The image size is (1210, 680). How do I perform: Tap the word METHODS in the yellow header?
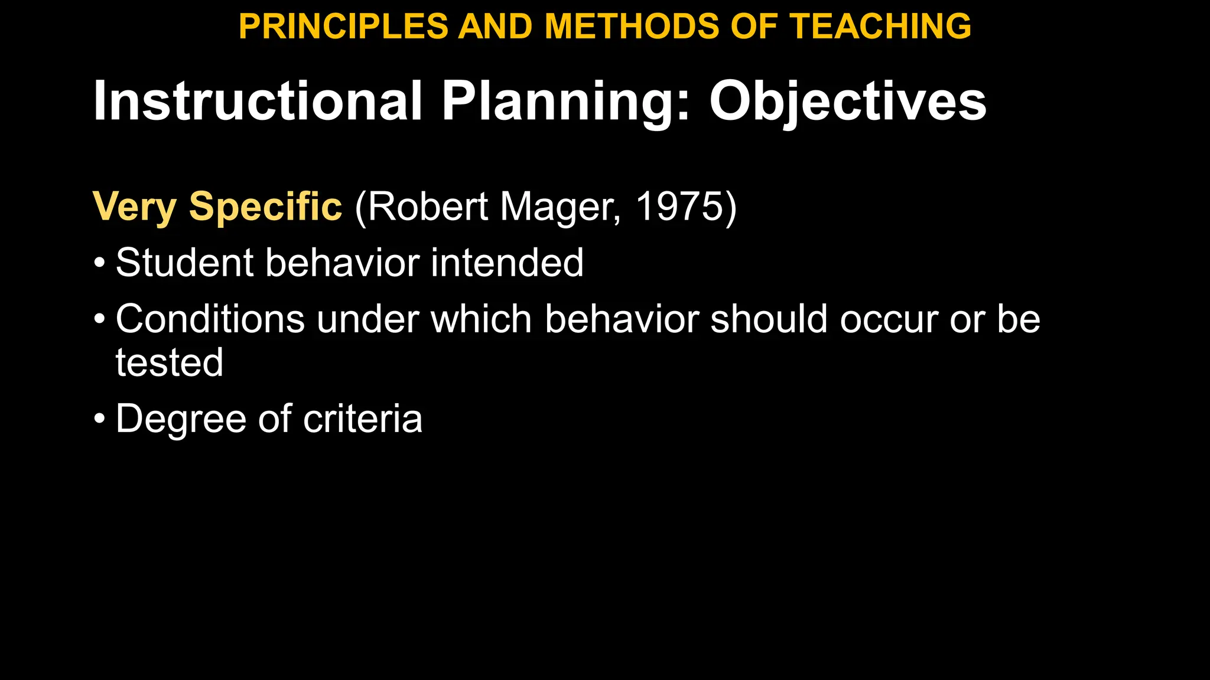pos(630,27)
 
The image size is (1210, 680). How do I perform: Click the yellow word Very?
pos(135,207)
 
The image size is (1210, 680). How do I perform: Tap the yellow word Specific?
pos(265,207)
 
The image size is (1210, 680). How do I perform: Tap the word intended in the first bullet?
pos(507,262)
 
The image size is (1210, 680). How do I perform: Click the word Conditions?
pos(210,319)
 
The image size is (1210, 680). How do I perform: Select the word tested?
pos(170,362)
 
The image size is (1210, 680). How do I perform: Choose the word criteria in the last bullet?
pos(363,419)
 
